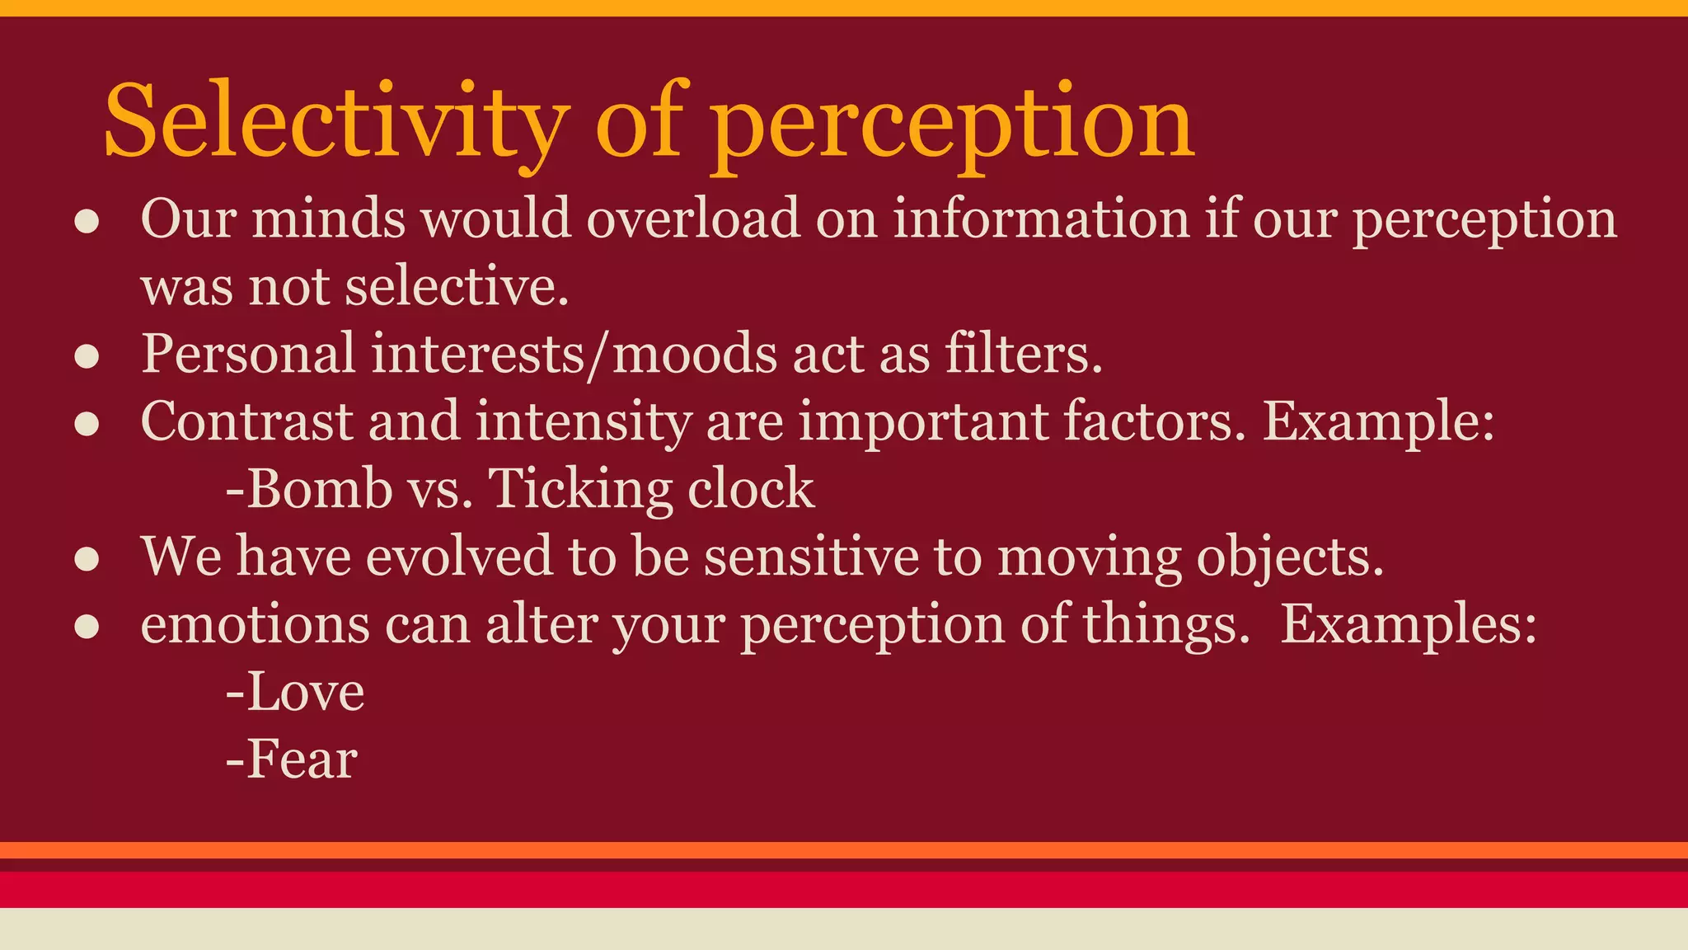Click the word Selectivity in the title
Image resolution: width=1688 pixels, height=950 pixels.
point(336,122)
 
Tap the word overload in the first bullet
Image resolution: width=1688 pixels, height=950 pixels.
point(693,219)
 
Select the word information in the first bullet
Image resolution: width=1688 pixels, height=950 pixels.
point(1042,219)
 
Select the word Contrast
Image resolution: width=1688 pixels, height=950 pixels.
point(246,421)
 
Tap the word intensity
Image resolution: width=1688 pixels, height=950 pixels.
point(583,421)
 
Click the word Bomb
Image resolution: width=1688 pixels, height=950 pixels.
point(320,489)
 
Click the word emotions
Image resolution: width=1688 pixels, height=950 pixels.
point(255,625)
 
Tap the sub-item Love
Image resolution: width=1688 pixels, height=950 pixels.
point(305,692)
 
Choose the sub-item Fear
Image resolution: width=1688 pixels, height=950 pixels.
point(302,760)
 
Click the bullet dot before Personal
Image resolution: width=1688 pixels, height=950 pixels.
point(87,356)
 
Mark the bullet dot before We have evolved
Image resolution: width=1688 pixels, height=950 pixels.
point(87,559)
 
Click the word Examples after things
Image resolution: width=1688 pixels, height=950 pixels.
point(1407,625)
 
